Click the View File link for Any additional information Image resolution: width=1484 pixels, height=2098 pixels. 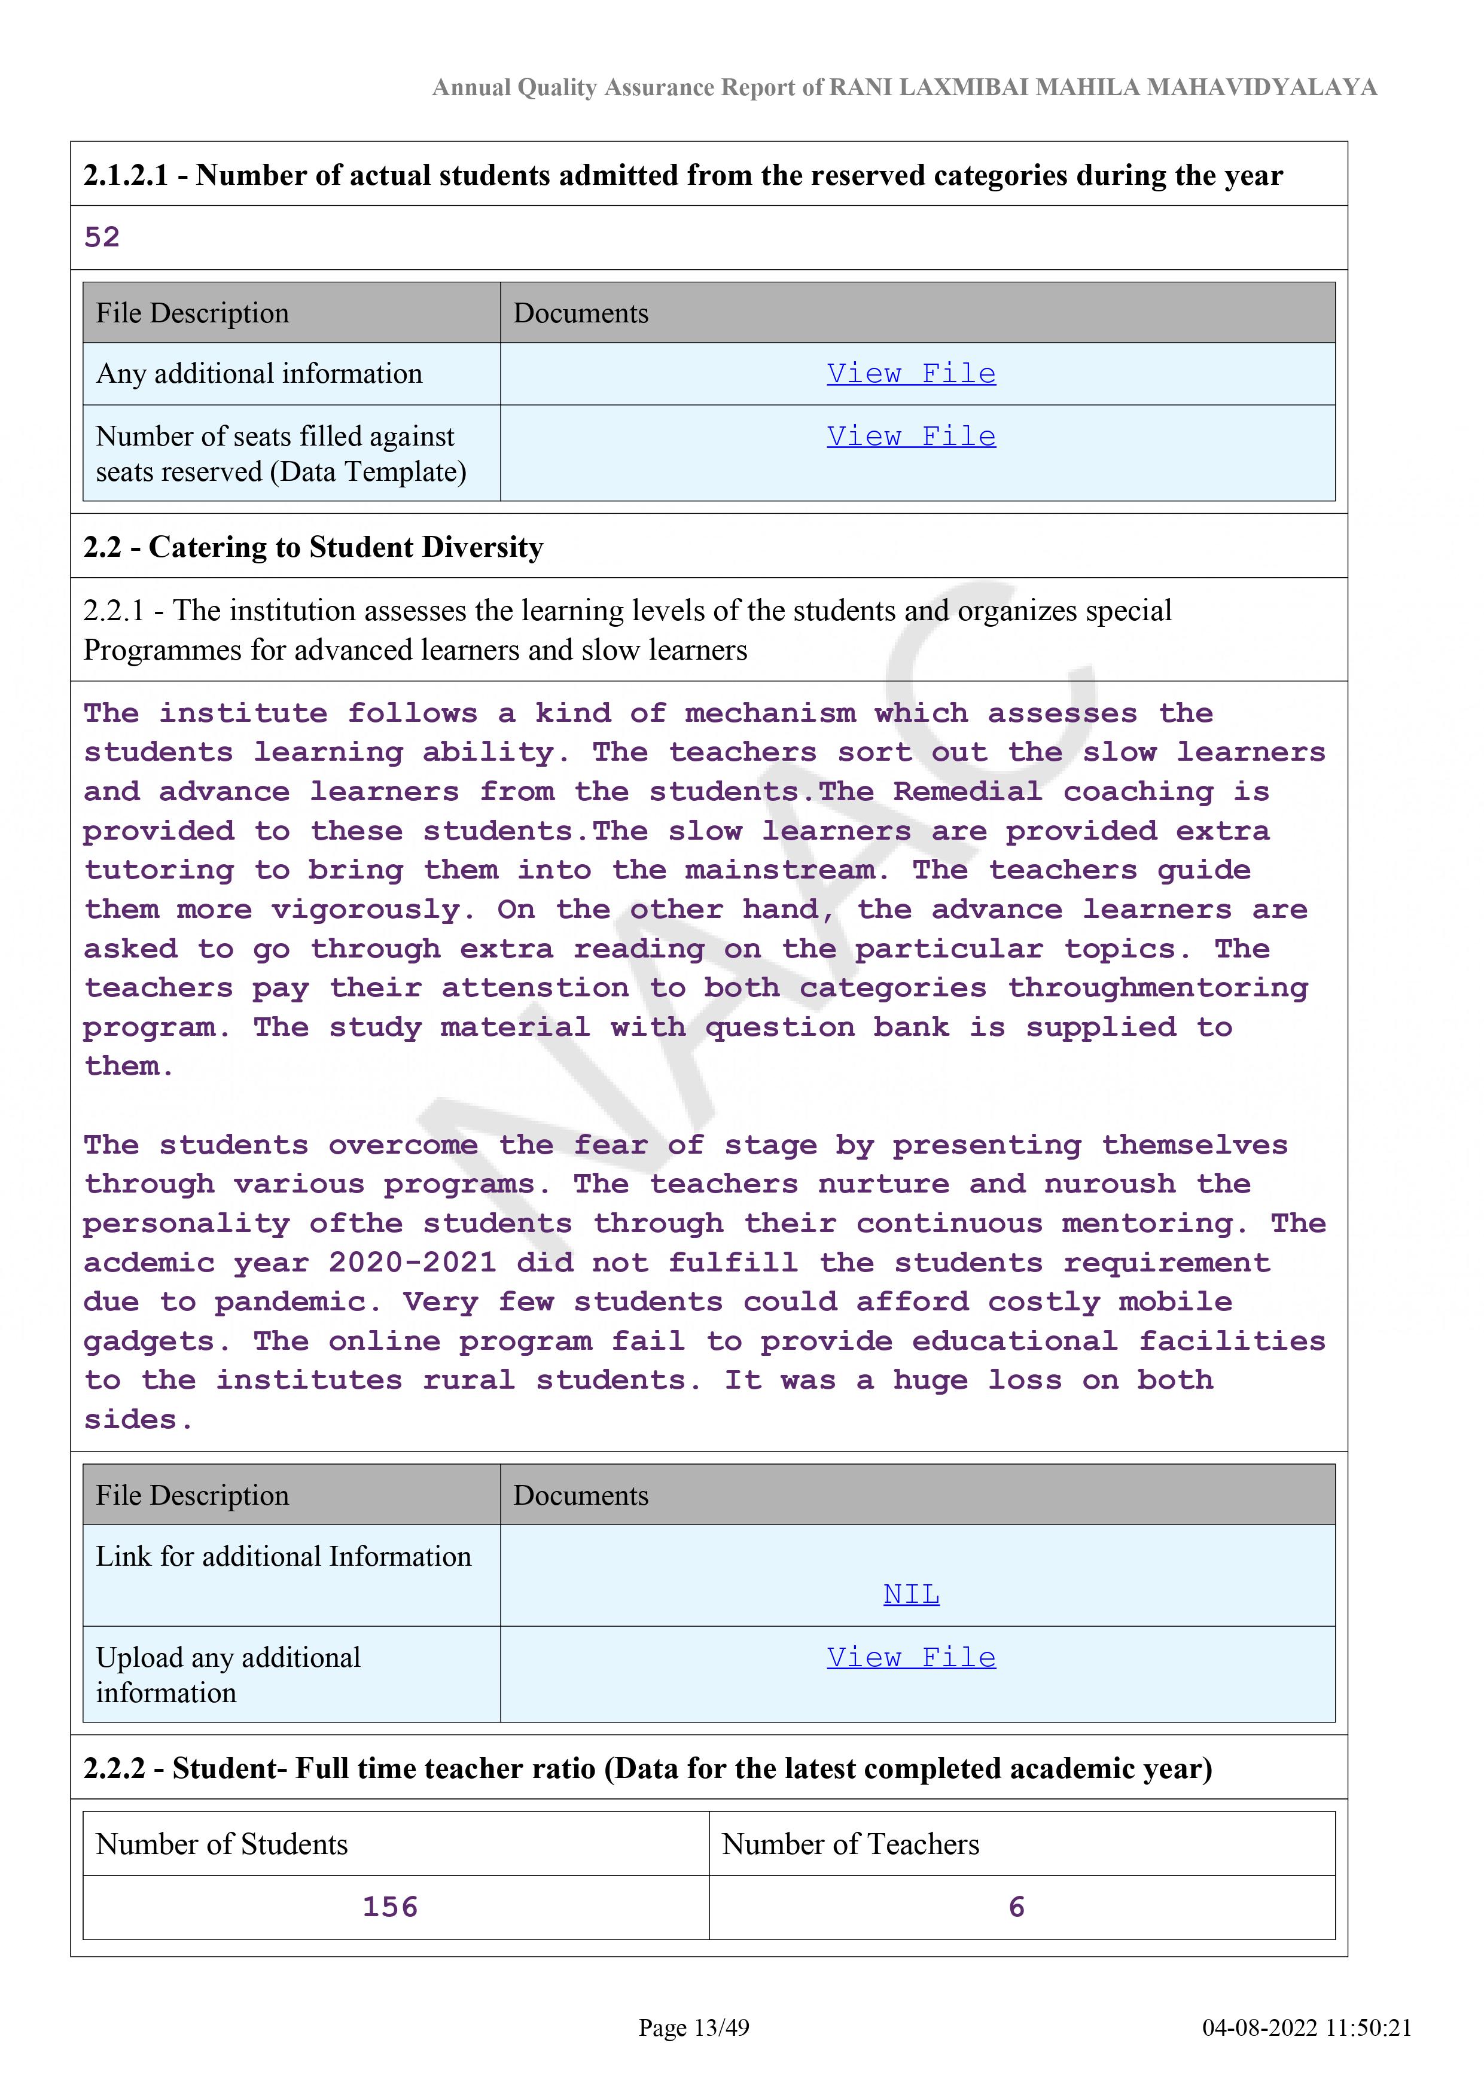click(x=910, y=374)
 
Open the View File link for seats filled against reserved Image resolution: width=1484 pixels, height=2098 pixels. click(x=910, y=437)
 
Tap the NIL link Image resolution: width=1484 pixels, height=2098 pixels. click(x=910, y=1594)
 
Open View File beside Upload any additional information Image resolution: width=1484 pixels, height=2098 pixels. click(x=910, y=1658)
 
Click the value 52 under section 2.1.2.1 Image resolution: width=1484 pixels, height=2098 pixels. click(x=102, y=237)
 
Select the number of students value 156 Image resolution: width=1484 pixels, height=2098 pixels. click(x=390, y=1907)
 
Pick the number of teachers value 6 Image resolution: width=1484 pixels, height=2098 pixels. click(x=1016, y=1907)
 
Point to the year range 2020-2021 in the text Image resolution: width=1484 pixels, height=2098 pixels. click(x=412, y=1263)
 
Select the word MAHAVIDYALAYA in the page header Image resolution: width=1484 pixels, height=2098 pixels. click(x=1261, y=88)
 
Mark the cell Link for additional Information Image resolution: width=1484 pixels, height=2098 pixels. click(x=284, y=1556)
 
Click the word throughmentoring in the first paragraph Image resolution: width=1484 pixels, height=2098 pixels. click(x=1158, y=988)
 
